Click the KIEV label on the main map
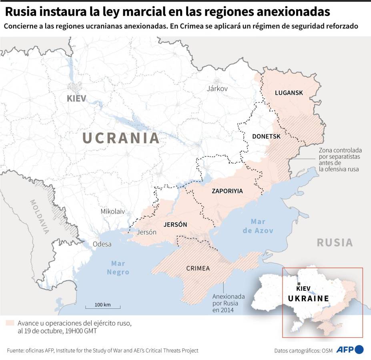[76, 98]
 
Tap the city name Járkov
[217, 88]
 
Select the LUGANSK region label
[289, 93]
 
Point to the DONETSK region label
[266, 136]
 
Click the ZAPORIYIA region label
[227, 191]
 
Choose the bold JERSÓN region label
[175, 224]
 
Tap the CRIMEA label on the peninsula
[198, 268]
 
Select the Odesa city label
[102, 244]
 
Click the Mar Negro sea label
[118, 268]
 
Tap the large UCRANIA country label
[121, 138]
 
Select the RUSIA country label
[335, 242]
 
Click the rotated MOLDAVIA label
[39, 216]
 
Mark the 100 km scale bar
[102, 307]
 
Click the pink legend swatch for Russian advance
[10, 323]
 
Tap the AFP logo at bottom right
[349, 350]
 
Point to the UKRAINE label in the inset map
[308, 298]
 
